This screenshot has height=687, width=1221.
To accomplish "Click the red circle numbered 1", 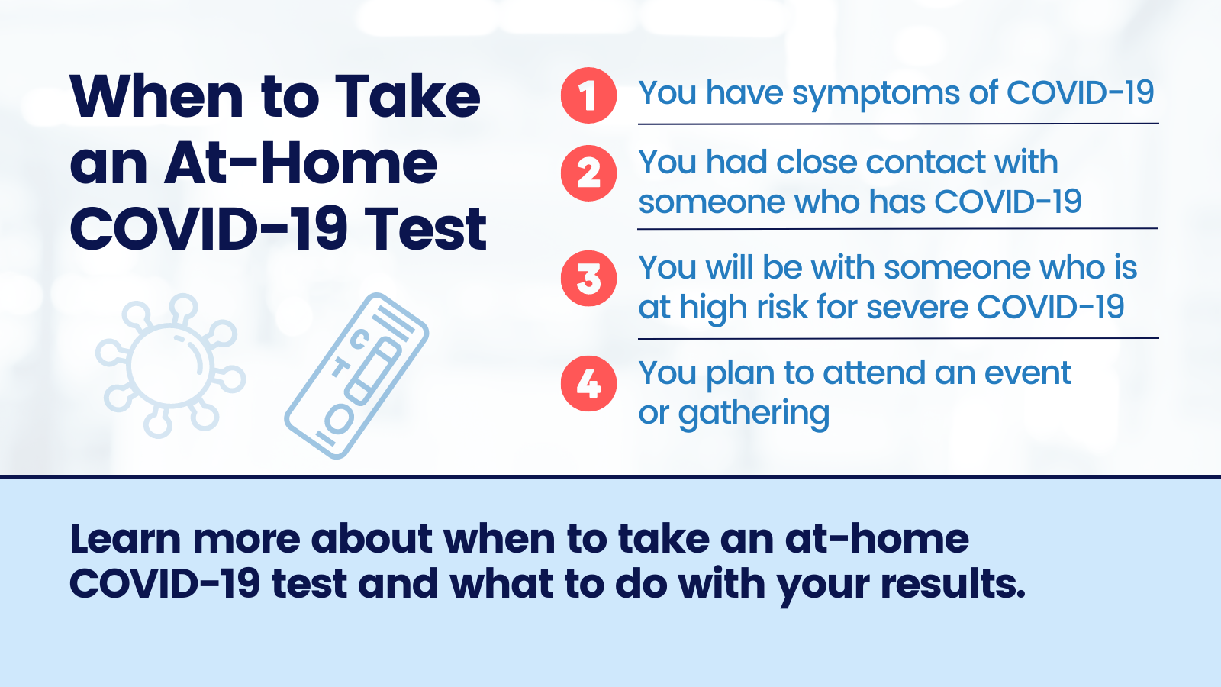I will click(588, 95).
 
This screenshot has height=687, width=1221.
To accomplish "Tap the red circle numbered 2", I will click(588, 173).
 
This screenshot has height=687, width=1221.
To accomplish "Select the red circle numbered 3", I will click(588, 279).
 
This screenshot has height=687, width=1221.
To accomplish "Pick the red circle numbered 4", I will click(588, 383).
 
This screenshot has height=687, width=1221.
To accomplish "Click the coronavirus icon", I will click(170, 366).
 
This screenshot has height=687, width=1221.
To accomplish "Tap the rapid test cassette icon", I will click(356, 376).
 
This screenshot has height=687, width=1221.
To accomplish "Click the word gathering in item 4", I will click(753, 414).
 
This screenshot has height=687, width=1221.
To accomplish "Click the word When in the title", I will click(156, 97).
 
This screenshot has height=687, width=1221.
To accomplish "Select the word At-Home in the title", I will click(301, 163).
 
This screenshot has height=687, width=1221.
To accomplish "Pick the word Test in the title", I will click(425, 229).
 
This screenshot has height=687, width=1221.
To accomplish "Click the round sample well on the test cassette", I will click(338, 418).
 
